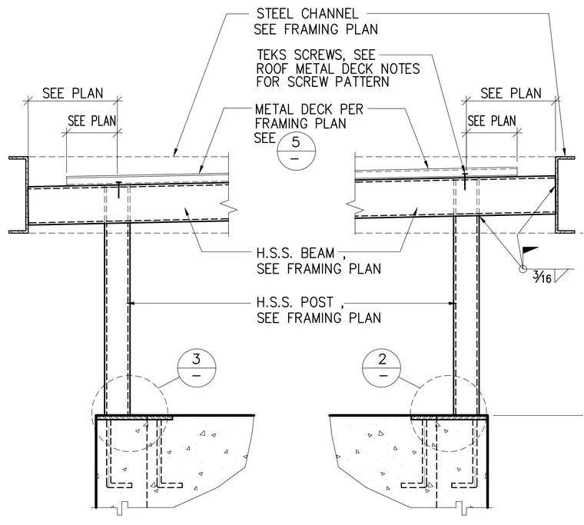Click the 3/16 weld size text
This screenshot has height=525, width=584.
click(542, 277)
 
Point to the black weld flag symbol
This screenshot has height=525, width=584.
click(530, 250)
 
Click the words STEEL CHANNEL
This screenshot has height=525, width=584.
click(307, 14)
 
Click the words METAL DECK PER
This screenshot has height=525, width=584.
click(309, 109)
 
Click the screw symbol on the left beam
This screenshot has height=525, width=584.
click(118, 189)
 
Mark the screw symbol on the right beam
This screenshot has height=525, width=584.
click(465, 181)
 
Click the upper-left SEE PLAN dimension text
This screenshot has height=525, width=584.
click(73, 93)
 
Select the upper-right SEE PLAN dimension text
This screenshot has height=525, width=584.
click(511, 93)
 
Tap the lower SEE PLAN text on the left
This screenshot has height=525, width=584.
click(92, 121)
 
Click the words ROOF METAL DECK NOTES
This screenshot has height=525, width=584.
click(338, 68)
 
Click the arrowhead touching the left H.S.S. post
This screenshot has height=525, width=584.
click(131, 304)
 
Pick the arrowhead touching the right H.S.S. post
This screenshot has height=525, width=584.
click(453, 304)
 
